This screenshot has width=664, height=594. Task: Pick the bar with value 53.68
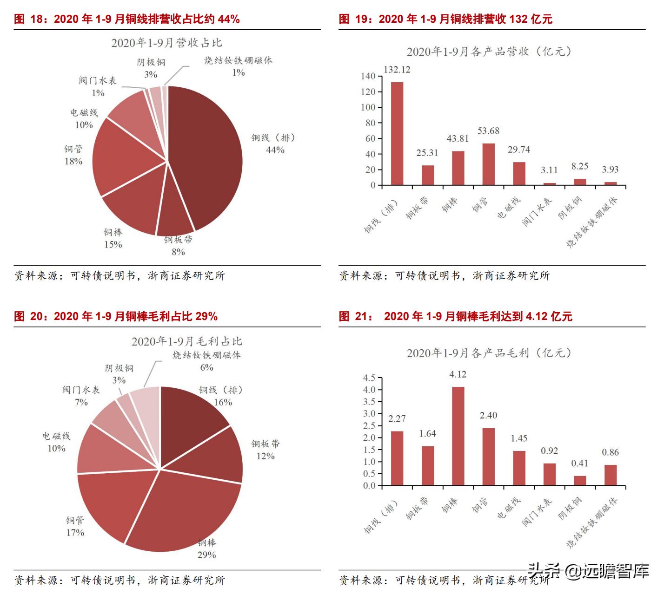[x=488, y=164]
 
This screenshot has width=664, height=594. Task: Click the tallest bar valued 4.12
[x=458, y=437]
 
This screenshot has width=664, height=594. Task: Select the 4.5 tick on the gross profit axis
[x=369, y=378]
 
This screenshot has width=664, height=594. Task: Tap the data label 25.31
[x=427, y=153]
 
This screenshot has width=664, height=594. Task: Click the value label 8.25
[x=580, y=166]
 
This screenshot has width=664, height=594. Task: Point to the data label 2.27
[x=397, y=419]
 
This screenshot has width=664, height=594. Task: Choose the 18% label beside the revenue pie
[x=73, y=161]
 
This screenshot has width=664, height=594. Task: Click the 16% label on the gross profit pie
[x=223, y=402]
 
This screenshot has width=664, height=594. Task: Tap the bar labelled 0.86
[x=611, y=475]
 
